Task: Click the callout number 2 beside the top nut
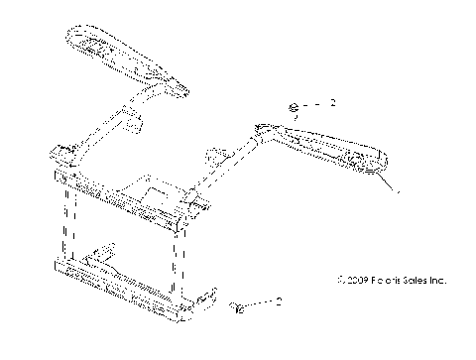334,102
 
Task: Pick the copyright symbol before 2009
340,281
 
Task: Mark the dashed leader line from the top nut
315,103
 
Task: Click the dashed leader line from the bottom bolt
260,303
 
